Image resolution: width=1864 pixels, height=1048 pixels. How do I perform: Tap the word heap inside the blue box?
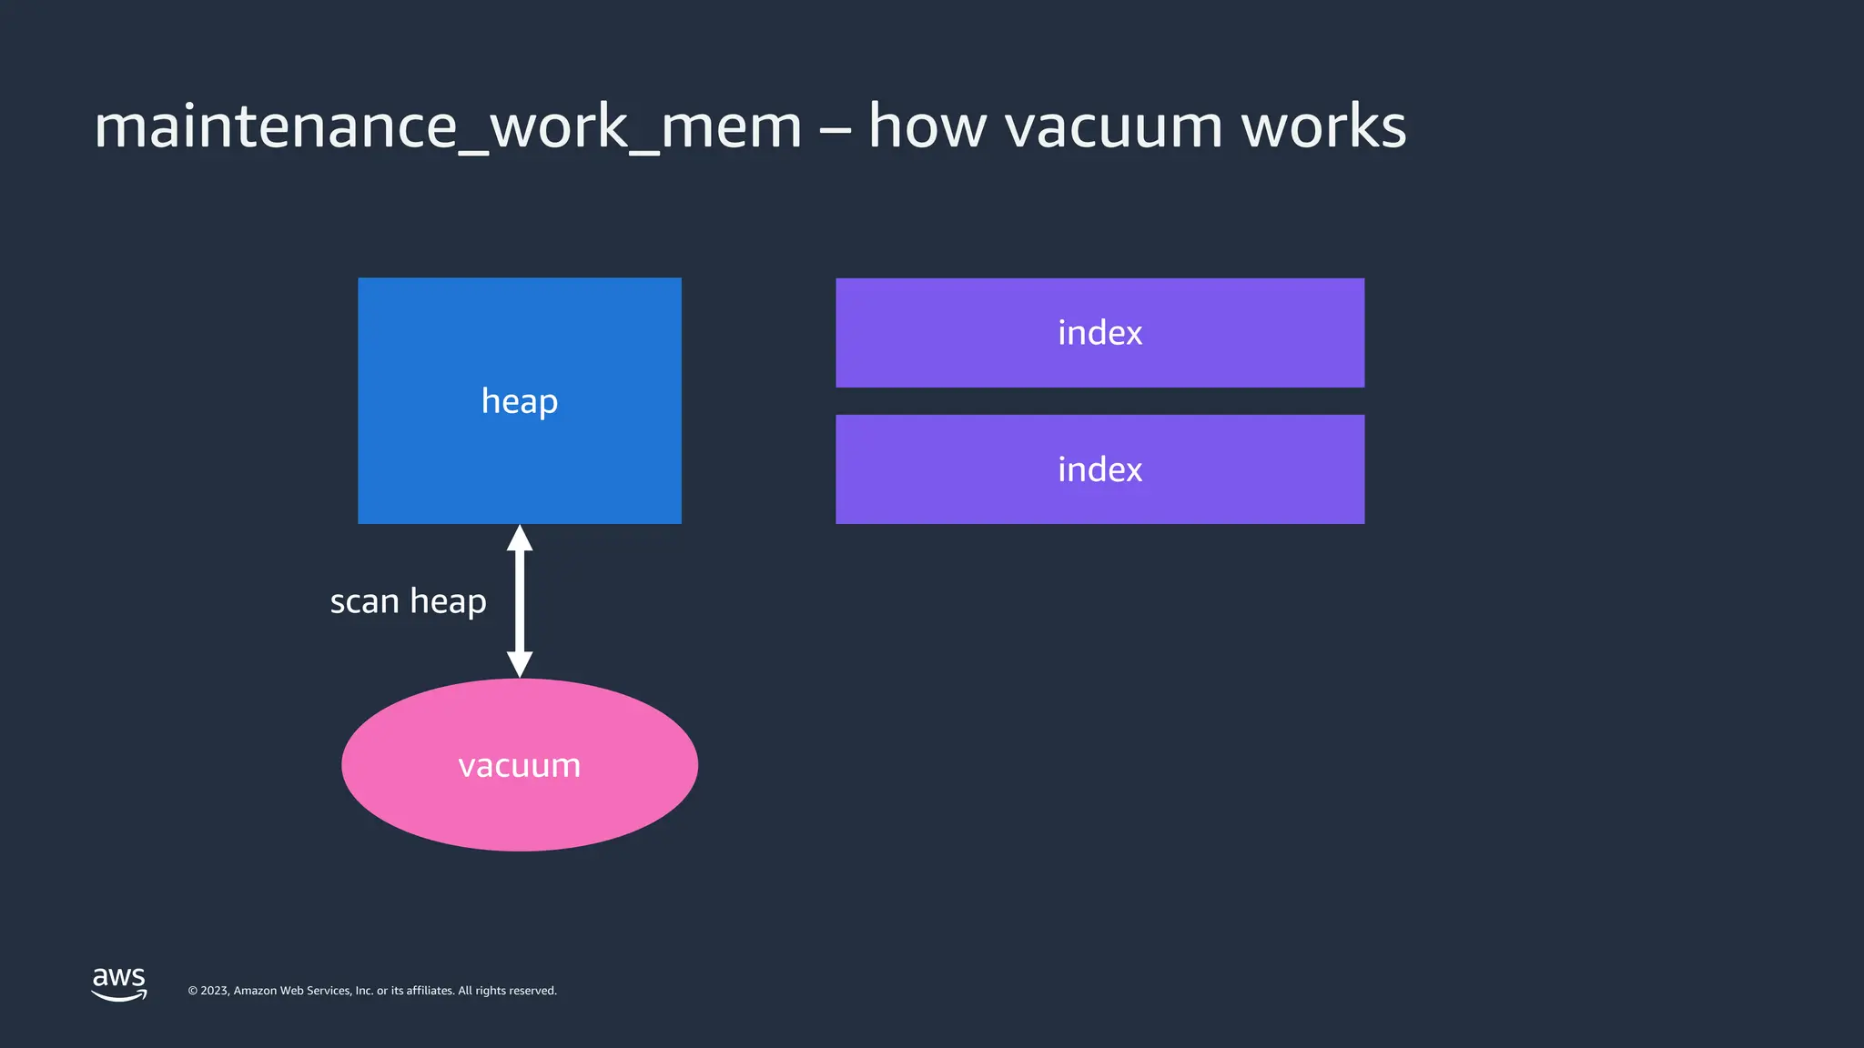pyautogui.click(x=519, y=401)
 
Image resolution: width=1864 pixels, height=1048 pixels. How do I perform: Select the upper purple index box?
pyautogui.click(x=1099, y=333)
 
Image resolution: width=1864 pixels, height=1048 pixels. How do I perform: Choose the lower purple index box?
pyautogui.click(x=1099, y=469)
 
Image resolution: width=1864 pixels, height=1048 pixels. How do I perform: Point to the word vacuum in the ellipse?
pyautogui.click(x=519, y=766)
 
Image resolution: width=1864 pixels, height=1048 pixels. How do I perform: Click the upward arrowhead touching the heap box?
pyautogui.click(x=520, y=539)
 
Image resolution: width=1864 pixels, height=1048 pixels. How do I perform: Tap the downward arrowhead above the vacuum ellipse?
pyautogui.click(x=520, y=664)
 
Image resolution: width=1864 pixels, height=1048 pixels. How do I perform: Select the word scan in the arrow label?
pyautogui.click(x=364, y=602)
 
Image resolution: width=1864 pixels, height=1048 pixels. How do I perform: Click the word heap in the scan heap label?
pyautogui.click(x=448, y=602)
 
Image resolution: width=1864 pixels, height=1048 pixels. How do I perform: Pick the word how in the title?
pyautogui.click(x=927, y=126)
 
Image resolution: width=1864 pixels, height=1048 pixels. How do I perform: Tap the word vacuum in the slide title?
pyautogui.click(x=1112, y=126)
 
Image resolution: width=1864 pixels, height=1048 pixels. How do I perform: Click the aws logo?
pyautogui.click(x=119, y=983)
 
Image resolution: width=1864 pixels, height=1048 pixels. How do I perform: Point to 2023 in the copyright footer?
pyautogui.click(x=214, y=991)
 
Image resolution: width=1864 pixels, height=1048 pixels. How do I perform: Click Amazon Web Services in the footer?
pyautogui.click(x=292, y=991)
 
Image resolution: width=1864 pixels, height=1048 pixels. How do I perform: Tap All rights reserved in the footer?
pyautogui.click(x=507, y=991)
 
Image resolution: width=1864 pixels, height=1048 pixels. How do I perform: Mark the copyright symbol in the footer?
pyautogui.click(x=193, y=991)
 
